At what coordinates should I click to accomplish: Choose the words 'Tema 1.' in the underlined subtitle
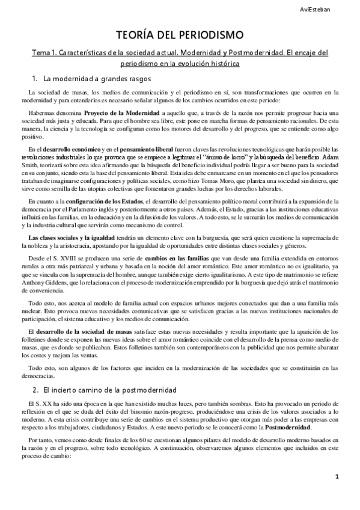[46, 53]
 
